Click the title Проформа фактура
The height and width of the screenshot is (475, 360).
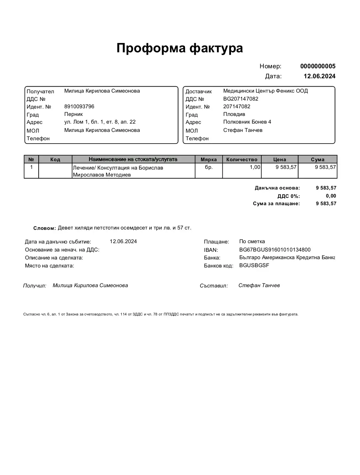click(180, 48)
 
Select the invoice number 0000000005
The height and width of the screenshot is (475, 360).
click(318, 66)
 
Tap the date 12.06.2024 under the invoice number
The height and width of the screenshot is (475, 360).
click(319, 76)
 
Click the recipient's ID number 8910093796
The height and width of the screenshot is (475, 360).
click(79, 107)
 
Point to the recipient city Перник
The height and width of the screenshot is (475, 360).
click(73, 114)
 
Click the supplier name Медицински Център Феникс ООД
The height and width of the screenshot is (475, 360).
click(265, 91)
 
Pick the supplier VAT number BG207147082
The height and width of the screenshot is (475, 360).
click(241, 99)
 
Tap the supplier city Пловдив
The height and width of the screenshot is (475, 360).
click(234, 114)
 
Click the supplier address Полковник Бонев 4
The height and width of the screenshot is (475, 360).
click(247, 122)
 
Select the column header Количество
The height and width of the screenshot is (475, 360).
click(242, 160)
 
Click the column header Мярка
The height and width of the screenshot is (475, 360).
click(209, 160)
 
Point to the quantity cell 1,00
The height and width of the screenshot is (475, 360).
click(255, 167)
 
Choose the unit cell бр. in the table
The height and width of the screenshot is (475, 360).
click(209, 167)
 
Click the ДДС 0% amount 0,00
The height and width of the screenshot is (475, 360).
click(331, 196)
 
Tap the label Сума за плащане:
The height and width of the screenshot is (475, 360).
click(276, 204)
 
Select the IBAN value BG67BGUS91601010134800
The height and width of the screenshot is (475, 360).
click(275, 250)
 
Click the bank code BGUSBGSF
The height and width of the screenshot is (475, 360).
click(254, 265)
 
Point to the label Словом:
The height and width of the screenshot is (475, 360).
click(44, 228)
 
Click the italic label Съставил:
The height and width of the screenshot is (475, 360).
click(214, 286)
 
